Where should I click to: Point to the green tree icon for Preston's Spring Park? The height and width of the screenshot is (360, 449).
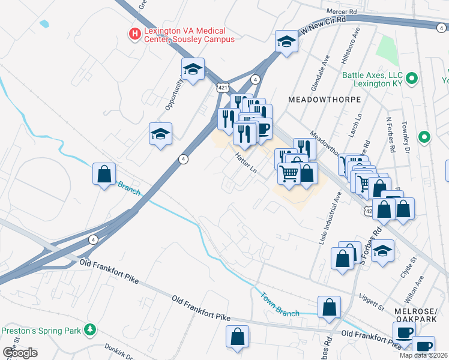tap(90, 330)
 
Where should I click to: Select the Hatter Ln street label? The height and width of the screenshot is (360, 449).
tap(246, 162)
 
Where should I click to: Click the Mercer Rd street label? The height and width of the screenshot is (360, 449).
tap(341, 11)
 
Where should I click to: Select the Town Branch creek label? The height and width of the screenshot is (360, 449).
tap(280, 304)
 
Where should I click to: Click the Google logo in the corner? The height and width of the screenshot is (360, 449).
tap(20, 353)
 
